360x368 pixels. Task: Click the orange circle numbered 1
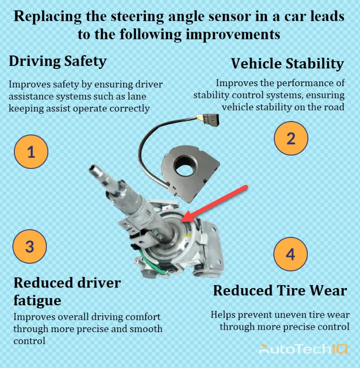(x=31, y=153)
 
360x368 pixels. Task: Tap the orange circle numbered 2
(x=291, y=138)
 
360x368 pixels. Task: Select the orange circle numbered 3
(x=30, y=246)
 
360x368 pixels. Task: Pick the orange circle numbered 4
(x=290, y=254)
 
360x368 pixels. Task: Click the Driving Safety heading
(x=57, y=61)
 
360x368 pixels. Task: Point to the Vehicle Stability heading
(x=287, y=64)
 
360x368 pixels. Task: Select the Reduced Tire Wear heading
(x=280, y=290)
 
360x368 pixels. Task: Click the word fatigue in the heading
(x=37, y=300)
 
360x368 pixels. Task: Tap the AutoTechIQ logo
(x=304, y=349)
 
